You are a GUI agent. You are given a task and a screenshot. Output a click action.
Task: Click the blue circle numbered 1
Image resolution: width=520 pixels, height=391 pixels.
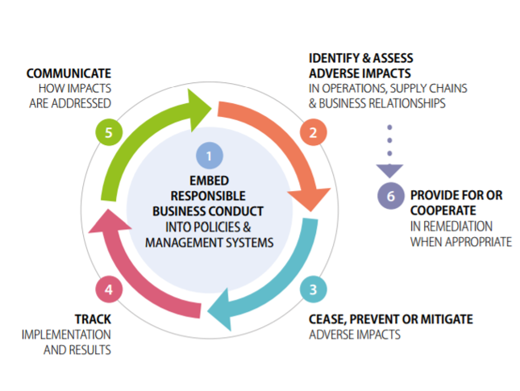[x=210, y=156]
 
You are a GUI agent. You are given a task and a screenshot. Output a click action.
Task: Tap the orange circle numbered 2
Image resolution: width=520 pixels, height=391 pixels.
[x=313, y=132]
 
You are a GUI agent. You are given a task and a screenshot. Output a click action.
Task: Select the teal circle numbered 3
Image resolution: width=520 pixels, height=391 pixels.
[x=313, y=289]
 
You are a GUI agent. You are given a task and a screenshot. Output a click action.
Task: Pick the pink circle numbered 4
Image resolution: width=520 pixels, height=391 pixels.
[x=109, y=289]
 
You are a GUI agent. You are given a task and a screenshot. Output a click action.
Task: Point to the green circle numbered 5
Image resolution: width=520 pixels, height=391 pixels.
[x=109, y=132]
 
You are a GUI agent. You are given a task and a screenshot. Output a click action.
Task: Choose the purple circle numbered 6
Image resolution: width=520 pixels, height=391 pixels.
[x=391, y=196]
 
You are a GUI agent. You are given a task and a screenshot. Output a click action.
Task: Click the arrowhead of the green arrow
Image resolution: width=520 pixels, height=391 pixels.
[x=198, y=110]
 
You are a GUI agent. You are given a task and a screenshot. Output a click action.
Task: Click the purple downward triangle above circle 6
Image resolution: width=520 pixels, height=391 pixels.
[x=389, y=170]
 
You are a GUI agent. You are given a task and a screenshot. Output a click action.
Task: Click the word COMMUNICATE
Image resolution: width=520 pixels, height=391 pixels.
[x=69, y=73]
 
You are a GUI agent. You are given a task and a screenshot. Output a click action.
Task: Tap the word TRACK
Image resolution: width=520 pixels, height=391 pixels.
[x=93, y=319]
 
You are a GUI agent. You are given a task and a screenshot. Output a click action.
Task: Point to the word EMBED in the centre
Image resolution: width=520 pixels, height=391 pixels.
[x=210, y=181]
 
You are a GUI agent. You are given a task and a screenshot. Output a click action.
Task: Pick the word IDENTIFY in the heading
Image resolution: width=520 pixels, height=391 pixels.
[x=334, y=58]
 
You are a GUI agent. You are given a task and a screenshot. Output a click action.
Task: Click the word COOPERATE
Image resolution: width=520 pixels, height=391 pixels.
[x=443, y=210]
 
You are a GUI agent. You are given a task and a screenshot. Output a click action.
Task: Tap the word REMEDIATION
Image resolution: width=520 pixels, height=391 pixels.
[x=458, y=227]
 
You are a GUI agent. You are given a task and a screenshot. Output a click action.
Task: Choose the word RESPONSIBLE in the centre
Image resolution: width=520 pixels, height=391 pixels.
[x=208, y=196]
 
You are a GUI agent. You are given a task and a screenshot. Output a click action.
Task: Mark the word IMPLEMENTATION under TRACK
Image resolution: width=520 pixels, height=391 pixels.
[x=66, y=335]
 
